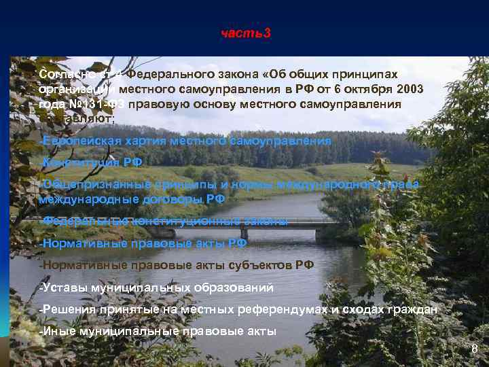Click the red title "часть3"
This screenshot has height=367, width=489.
pos(245,33)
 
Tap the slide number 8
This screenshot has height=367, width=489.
pos(475,349)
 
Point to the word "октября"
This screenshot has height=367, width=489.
pos(352,89)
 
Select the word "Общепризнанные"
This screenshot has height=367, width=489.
pos(89,184)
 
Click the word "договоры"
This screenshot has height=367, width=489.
pos(173,198)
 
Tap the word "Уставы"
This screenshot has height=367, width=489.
pos(62,287)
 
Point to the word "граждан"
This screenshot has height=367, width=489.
pos(412,310)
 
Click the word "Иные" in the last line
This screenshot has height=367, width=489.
pos(57,332)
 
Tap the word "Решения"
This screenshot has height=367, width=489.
pos(69,310)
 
